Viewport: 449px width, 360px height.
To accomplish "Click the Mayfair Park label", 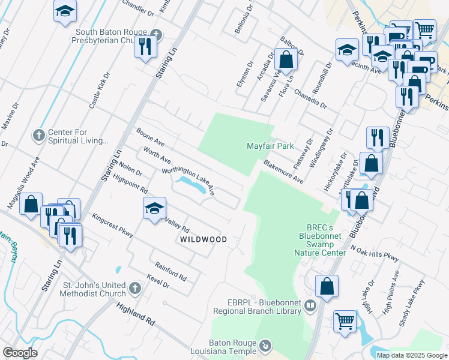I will coord(270,146).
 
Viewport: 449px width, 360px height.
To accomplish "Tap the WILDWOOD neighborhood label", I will coord(203,239).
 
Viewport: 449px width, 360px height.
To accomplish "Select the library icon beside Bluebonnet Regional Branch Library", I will coord(310,305).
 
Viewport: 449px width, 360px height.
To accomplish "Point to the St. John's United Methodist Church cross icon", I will coord(135,288).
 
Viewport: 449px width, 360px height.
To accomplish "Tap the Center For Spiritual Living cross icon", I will coord(39,134).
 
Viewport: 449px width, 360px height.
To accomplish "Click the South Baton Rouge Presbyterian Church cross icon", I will coord(156,34).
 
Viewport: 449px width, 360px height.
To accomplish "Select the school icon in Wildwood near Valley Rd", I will coord(154,208).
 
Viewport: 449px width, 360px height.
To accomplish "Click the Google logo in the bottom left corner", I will coord(20,353).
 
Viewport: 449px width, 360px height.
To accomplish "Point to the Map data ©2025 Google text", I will coord(412,355).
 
